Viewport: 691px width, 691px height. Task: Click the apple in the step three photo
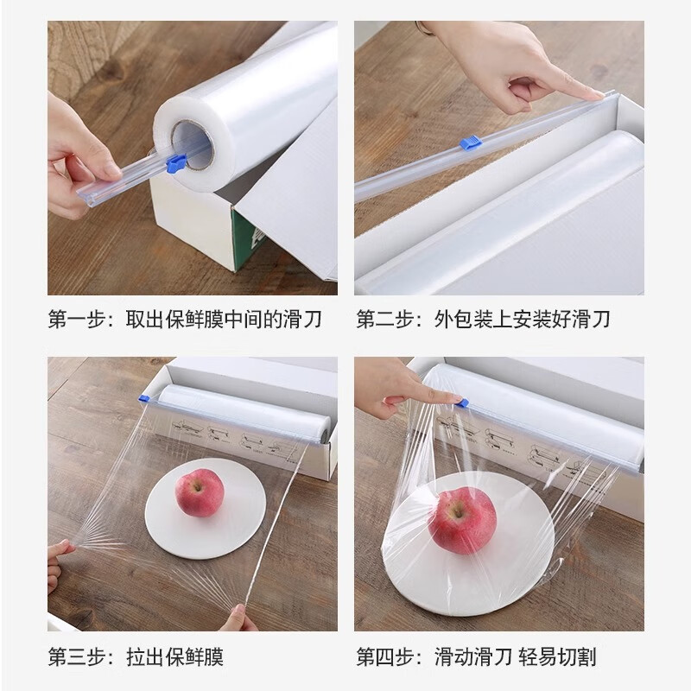click(200, 492)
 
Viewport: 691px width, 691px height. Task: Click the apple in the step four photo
click(463, 520)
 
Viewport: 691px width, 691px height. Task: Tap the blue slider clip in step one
click(175, 160)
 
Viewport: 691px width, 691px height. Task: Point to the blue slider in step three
click(143, 398)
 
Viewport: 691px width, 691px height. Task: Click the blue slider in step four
click(464, 403)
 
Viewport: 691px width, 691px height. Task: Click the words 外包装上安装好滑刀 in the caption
click(523, 320)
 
